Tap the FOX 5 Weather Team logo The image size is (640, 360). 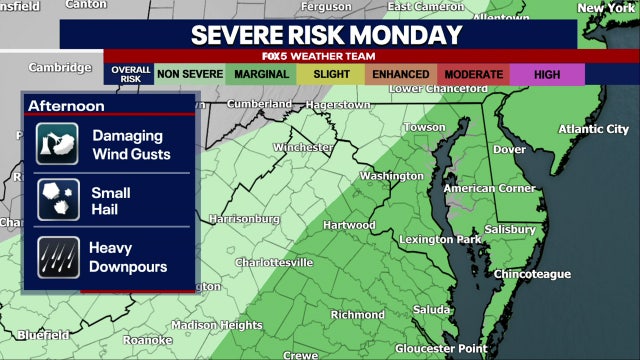(x=326, y=57)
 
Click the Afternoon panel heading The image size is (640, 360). (x=67, y=106)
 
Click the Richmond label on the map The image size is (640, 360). (x=358, y=314)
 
